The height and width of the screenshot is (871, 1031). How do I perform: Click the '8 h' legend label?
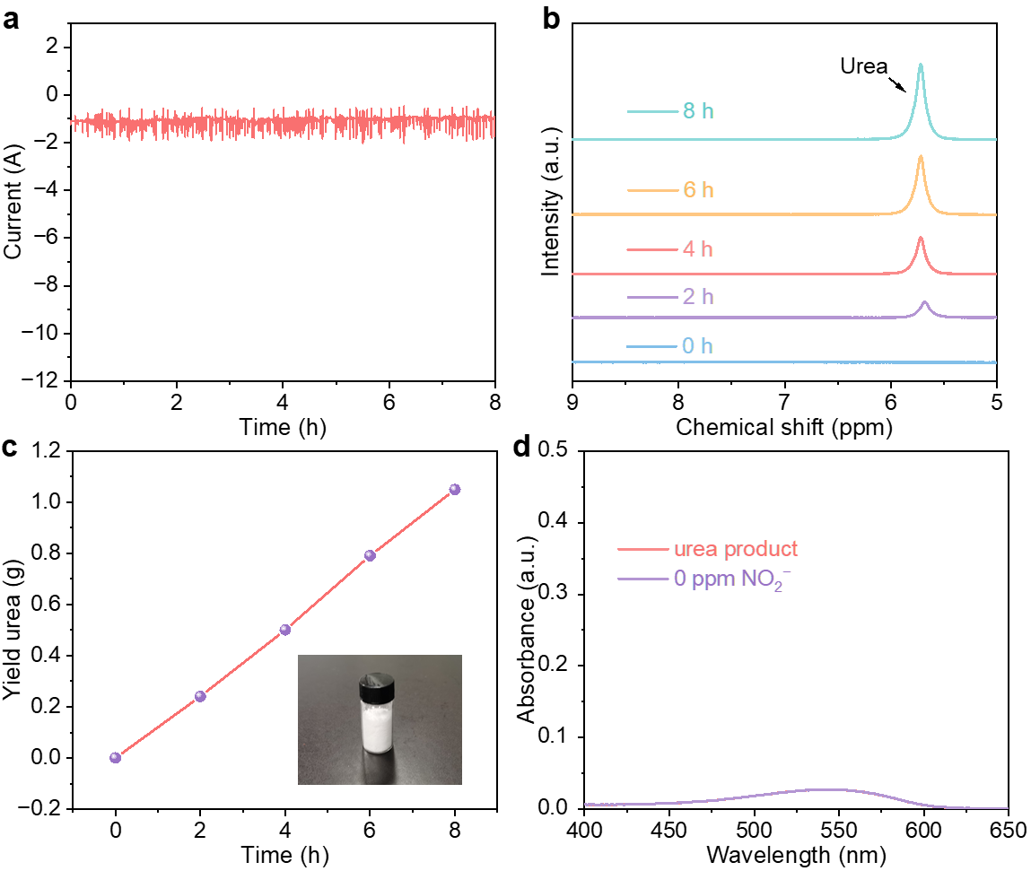(698, 112)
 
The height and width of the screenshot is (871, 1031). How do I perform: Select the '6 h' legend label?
(698, 190)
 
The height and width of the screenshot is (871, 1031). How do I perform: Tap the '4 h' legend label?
(697, 249)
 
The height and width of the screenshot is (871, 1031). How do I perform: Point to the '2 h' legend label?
(698, 297)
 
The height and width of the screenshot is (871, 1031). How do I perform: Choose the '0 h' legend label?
(697, 346)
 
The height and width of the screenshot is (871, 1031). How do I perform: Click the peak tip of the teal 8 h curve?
(921, 65)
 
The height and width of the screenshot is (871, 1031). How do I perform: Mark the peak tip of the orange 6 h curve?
(921, 156)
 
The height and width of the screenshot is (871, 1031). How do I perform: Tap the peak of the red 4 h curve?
(921, 238)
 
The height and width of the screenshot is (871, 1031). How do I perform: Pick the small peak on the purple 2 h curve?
(924, 301)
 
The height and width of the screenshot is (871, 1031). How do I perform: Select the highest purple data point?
(455, 490)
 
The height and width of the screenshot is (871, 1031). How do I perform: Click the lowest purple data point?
(115, 758)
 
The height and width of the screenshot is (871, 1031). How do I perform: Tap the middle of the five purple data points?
(285, 630)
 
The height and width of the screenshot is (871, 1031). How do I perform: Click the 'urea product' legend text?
(736, 549)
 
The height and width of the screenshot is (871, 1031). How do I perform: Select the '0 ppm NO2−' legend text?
(732, 579)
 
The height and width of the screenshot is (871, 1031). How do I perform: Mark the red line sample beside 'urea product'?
(643, 549)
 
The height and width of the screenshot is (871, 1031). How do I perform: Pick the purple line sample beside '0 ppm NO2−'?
(643, 579)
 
